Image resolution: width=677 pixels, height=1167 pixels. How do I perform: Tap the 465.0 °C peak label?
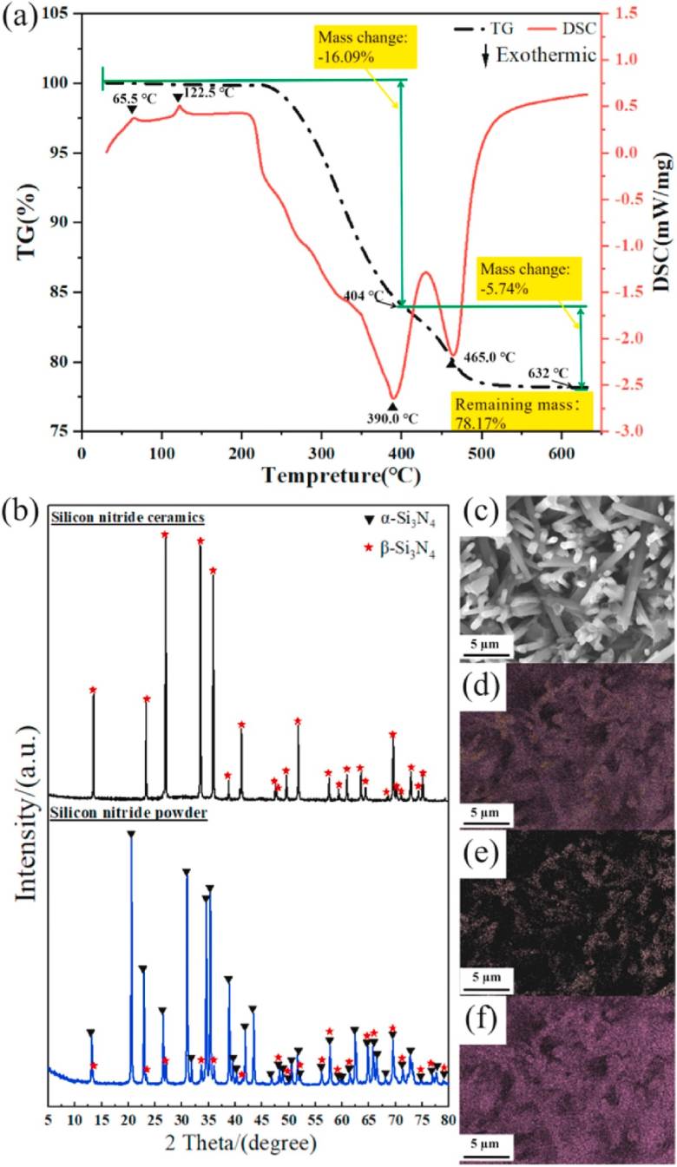point(490,357)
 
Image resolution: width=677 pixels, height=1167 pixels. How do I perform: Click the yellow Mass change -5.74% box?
point(529,279)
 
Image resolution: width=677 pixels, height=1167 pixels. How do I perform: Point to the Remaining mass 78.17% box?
point(522,411)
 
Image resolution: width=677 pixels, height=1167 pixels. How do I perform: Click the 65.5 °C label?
point(135,99)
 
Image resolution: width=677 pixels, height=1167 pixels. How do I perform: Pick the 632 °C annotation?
point(548,373)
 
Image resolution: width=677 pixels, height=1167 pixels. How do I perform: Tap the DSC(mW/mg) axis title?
point(661,221)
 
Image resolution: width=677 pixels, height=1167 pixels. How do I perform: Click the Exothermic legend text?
point(546,55)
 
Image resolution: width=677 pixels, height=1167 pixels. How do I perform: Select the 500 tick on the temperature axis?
point(481,453)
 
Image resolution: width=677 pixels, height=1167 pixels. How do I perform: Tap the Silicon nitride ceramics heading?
point(128,517)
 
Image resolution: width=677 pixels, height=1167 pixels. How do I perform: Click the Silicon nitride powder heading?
point(129,813)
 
